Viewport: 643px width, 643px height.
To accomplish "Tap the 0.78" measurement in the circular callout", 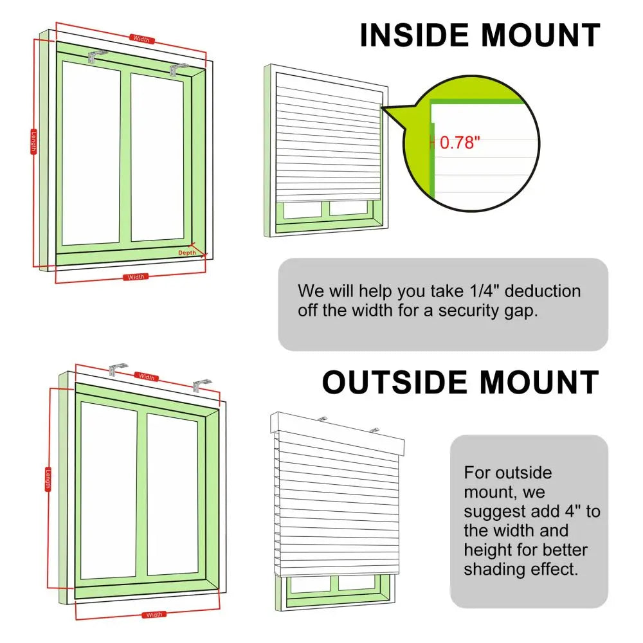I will pos(460,143).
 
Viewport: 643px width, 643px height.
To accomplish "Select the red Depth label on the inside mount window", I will pos(187,253).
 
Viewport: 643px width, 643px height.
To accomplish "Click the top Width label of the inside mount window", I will pos(141,39).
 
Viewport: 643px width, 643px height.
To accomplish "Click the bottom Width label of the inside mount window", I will pos(136,277).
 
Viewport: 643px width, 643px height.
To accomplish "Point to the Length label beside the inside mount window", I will pos(33,141).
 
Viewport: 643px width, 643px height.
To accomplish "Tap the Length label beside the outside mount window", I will pos(48,478).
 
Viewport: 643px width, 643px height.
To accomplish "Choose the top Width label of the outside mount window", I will pos(147,377).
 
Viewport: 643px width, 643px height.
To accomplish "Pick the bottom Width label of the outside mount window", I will pos(154,615).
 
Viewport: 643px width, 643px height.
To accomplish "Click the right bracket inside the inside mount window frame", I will pos(178,69).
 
